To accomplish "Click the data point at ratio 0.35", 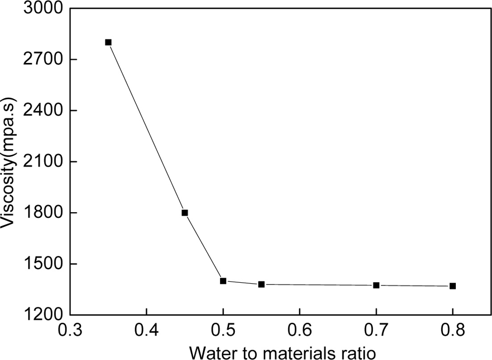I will (108, 42).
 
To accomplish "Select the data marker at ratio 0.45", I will (185, 213).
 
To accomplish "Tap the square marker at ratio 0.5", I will (223, 281).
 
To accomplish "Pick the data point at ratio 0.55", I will (262, 284).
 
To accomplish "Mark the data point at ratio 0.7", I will (376, 285).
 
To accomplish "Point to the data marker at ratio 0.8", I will (453, 286).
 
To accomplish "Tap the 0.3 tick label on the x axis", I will (70, 332).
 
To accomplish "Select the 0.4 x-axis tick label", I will (146, 332).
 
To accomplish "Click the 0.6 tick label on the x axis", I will (300, 332).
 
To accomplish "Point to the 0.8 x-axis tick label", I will (453, 332).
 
